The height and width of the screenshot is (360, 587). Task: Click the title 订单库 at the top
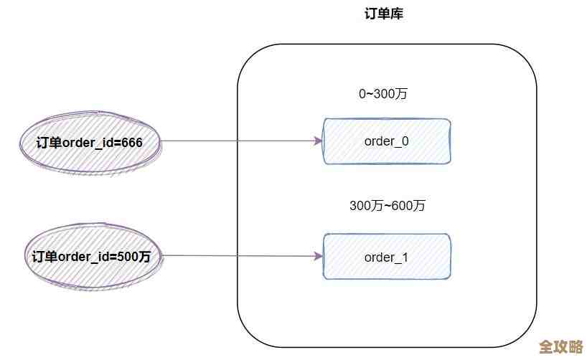(x=384, y=14)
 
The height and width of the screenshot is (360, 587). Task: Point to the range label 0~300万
(x=384, y=94)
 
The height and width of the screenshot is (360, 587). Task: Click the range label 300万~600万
(x=388, y=206)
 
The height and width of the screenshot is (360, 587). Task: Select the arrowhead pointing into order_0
(x=319, y=141)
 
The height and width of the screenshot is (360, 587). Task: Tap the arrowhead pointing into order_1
(x=319, y=255)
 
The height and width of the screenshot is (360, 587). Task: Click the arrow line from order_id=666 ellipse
(x=237, y=141)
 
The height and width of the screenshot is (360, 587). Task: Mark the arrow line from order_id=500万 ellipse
(x=237, y=255)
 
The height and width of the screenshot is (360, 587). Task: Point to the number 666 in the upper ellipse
(x=132, y=143)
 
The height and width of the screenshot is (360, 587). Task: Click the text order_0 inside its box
(x=387, y=141)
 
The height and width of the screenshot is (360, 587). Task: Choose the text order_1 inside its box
(x=387, y=257)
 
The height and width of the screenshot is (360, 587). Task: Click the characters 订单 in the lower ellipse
(x=44, y=257)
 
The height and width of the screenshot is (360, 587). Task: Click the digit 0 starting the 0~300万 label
(x=362, y=94)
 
